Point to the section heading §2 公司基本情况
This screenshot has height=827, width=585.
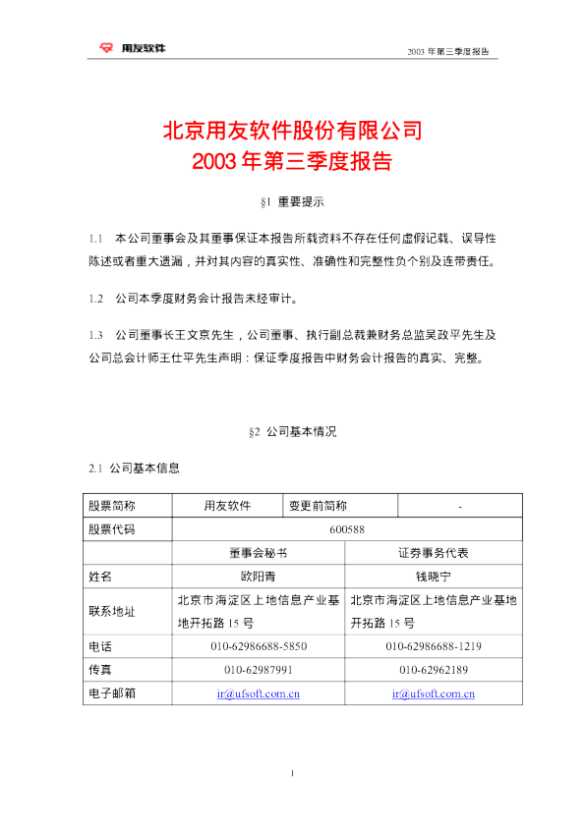(292, 432)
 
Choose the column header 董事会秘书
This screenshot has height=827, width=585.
(259, 553)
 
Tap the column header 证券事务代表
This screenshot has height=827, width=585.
(433, 553)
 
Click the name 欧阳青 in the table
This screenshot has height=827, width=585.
(259, 577)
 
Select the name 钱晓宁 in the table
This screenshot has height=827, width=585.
(433, 577)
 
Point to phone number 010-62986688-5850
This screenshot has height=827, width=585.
(259, 646)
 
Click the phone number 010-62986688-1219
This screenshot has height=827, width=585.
(433, 646)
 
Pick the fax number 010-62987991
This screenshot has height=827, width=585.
(259, 670)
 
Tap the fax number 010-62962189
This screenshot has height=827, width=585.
(433, 670)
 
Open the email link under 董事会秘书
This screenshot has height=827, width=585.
(259, 693)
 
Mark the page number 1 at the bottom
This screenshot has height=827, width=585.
(293, 776)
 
